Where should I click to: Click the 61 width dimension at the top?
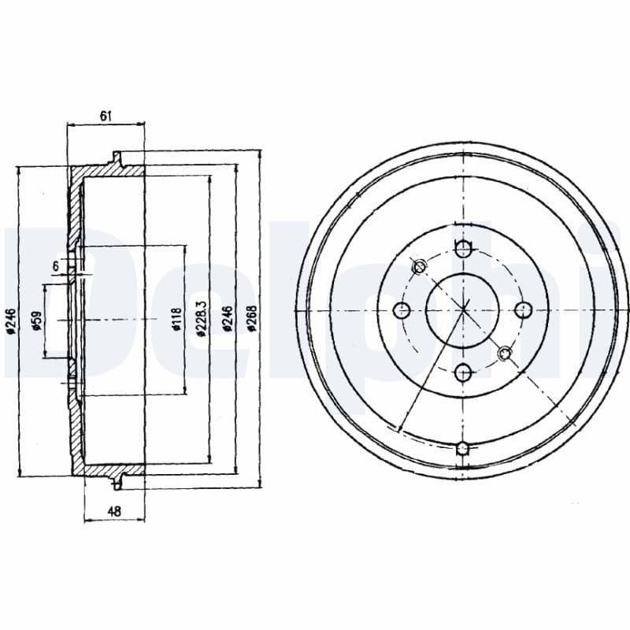(106, 116)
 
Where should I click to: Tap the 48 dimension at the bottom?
(114, 512)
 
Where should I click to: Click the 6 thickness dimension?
(56, 267)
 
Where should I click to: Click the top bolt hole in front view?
(464, 250)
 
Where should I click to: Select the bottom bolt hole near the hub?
(464, 370)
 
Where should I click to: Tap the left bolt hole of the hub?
(402, 309)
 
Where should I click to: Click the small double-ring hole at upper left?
(420, 266)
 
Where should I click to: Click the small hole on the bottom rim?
(463, 449)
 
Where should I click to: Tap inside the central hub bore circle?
(464, 309)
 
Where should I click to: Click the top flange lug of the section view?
(118, 158)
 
